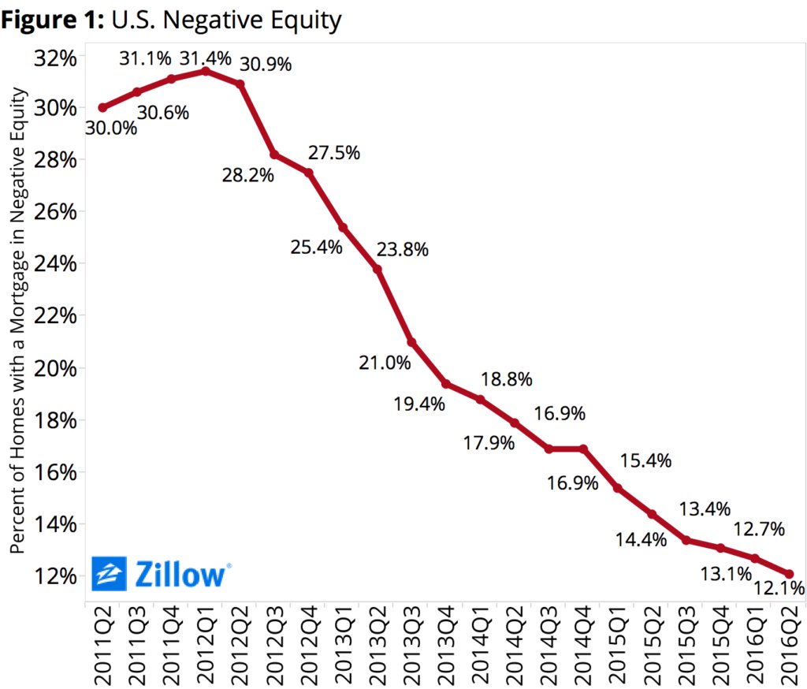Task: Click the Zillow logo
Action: click(162, 574)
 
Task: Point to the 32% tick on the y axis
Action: click(54, 58)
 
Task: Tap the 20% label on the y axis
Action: click(54, 368)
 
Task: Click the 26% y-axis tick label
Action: click(54, 212)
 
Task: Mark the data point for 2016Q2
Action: click(789, 574)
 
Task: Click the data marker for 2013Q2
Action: click(377, 269)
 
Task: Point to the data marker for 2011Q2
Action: click(102, 107)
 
